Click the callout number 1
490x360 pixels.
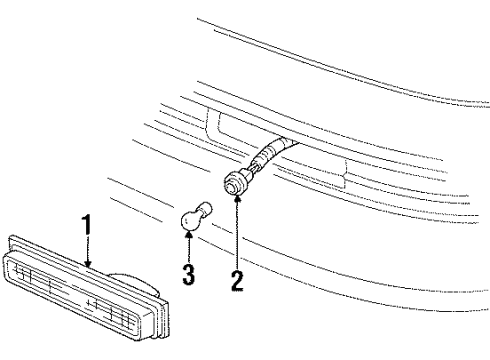87,224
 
